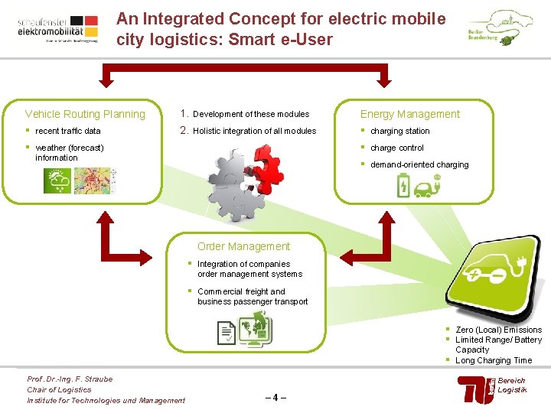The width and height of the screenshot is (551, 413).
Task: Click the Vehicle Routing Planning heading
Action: (85, 114)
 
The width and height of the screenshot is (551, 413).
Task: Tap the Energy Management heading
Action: (410, 114)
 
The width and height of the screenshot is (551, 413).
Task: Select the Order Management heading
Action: (243, 246)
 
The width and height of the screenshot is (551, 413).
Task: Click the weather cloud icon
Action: (57, 180)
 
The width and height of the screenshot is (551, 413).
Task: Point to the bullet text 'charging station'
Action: (400, 131)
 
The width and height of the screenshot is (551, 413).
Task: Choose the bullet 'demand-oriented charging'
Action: (419, 164)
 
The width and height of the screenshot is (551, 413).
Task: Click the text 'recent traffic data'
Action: (68, 131)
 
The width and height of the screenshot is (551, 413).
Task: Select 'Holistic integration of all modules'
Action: (254, 131)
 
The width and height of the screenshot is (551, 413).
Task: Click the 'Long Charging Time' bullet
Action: (494, 360)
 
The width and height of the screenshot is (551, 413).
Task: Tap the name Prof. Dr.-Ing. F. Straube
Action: (70, 379)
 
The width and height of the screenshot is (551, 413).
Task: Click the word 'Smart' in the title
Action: (246, 39)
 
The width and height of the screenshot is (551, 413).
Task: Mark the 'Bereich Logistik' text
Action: (512, 385)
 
